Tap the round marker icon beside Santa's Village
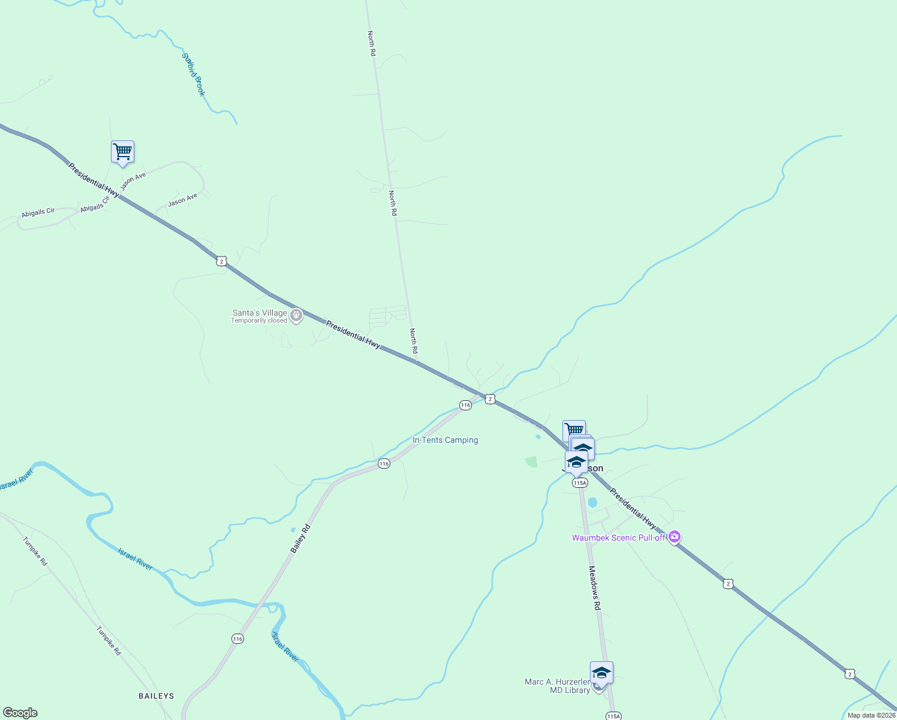(x=296, y=315)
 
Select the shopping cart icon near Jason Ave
(x=122, y=151)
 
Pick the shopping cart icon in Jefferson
(x=574, y=430)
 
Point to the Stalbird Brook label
(x=194, y=74)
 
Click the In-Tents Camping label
(x=445, y=440)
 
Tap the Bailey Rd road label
(x=300, y=538)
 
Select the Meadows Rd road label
(x=594, y=587)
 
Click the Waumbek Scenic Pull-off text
(x=618, y=538)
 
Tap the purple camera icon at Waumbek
(x=675, y=536)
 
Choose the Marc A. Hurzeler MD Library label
(x=557, y=686)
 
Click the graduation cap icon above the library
(x=601, y=672)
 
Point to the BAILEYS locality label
(x=156, y=696)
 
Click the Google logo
(x=20, y=713)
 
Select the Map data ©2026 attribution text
(x=871, y=715)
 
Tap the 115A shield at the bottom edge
(x=613, y=716)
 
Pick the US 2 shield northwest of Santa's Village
(x=222, y=261)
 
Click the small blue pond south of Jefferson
(x=592, y=502)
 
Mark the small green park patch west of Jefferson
(x=531, y=461)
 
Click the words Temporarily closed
(x=259, y=320)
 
